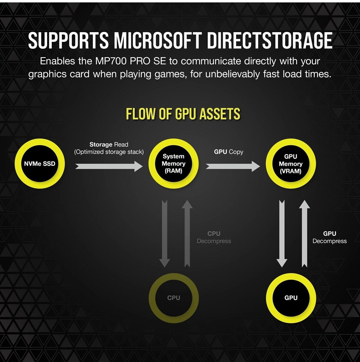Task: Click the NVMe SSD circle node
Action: tap(40, 164)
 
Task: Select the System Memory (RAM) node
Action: tap(173, 164)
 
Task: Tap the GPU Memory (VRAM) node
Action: tap(290, 164)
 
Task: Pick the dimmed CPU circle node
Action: tap(173, 298)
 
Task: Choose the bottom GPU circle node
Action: tap(291, 298)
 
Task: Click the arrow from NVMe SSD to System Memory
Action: tap(109, 166)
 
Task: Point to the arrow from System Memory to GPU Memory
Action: tap(232, 166)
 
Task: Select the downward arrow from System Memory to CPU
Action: tap(164, 233)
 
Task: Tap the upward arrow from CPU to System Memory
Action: tap(187, 233)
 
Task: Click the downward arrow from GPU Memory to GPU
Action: tap(282, 233)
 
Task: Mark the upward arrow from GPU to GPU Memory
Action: tap(304, 233)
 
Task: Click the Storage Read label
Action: tap(109, 148)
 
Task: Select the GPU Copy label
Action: tap(229, 152)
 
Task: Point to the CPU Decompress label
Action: tap(214, 237)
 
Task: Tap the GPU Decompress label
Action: tap(329, 237)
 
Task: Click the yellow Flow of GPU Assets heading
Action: tap(183, 114)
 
